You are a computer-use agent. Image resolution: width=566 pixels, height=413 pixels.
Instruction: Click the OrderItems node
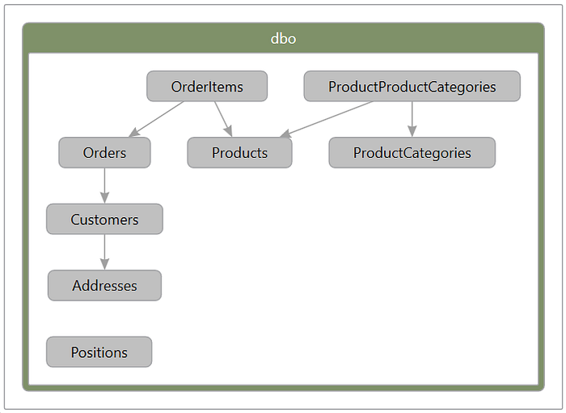(x=206, y=87)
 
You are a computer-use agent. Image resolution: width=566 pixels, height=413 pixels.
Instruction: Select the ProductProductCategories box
(x=412, y=87)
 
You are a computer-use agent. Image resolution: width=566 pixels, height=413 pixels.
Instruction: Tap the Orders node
(x=104, y=153)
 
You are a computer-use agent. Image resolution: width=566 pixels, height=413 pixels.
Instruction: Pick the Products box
(x=239, y=153)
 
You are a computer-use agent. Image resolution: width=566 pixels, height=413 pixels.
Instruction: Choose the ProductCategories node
(x=412, y=153)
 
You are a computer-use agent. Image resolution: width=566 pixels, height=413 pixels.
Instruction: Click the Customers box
(x=104, y=219)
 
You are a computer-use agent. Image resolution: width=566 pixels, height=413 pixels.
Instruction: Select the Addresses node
(x=104, y=286)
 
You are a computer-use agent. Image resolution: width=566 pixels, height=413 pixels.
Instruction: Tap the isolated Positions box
(x=99, y=352)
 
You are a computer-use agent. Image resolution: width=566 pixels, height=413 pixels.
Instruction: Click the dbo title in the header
(x=283, y=39)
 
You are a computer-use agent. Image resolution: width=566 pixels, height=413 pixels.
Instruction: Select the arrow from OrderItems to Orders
(x=157, y=118)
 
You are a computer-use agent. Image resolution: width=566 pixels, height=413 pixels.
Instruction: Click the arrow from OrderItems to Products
(x=223, y=118)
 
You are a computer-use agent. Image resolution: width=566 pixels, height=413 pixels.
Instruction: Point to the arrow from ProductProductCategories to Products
(x=327, y=118)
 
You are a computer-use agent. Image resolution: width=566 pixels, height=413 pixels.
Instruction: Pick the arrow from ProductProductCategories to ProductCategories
(x=412, y=117)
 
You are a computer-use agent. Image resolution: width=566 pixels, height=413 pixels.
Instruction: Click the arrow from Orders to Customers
(x=104, y=185)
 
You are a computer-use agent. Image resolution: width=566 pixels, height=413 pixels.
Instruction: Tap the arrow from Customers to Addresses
(x=104, y=251)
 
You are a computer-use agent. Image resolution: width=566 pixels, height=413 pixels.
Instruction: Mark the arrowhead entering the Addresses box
(x=104, y=265)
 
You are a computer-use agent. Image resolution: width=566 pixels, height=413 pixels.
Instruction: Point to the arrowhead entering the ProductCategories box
(x=412, y=131)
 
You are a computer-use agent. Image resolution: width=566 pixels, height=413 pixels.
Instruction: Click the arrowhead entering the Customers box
(x=104, y=198)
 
